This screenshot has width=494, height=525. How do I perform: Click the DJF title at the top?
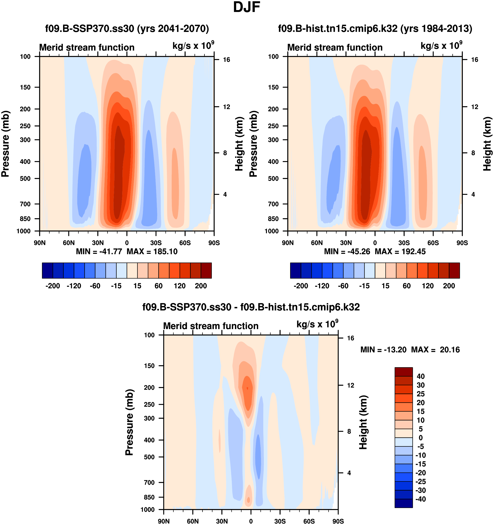pos(247,7)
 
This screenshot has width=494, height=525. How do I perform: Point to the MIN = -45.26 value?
pos(347,251)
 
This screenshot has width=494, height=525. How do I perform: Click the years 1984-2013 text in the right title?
pos(436,28)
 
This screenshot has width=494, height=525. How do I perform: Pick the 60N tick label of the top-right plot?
pos(317,243)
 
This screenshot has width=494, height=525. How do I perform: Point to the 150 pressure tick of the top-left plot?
pos(25,87)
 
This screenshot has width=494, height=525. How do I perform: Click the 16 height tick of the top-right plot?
pos(475,60)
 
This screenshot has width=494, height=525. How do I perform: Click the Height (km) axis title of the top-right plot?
pos(487,144)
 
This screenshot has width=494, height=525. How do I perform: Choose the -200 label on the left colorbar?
pos(53,286)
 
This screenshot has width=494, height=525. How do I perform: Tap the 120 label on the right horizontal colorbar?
pos(428,286)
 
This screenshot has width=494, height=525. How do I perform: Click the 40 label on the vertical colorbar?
pos(421,376)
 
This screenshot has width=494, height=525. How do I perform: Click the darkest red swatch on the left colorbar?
pos(206,270)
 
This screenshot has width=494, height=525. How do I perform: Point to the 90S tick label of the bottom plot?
pos(338,521)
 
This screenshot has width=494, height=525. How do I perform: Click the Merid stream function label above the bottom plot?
pos(211,326)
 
